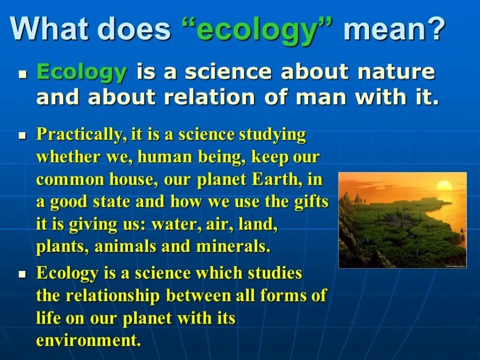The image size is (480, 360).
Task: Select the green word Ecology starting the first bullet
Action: tap(82, 73)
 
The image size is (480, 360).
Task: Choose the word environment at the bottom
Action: tap(88, 340)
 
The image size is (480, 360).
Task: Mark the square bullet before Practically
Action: tap(21, 135)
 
